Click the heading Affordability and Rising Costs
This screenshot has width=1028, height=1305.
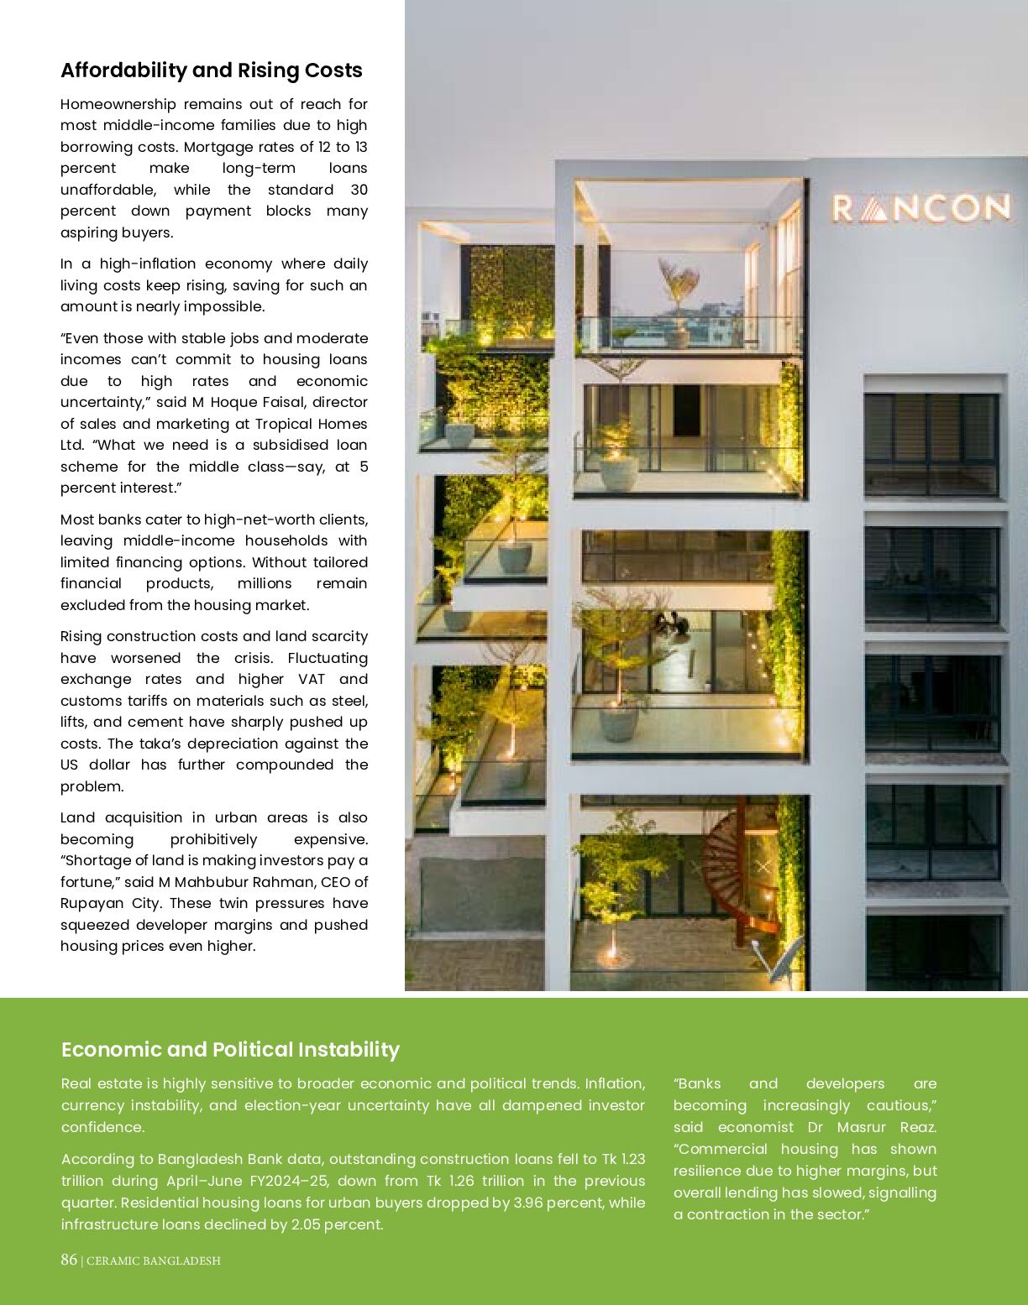point(211,70)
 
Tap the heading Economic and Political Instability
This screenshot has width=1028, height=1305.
point(230,1050)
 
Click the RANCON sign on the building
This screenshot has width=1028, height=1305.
point(920,208)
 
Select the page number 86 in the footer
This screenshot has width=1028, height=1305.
point(68,1260)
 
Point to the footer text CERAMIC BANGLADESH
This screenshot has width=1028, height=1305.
point(154,1261)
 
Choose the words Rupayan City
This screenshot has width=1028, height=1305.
point(110,903)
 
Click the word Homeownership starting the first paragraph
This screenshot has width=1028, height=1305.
point(118,104)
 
